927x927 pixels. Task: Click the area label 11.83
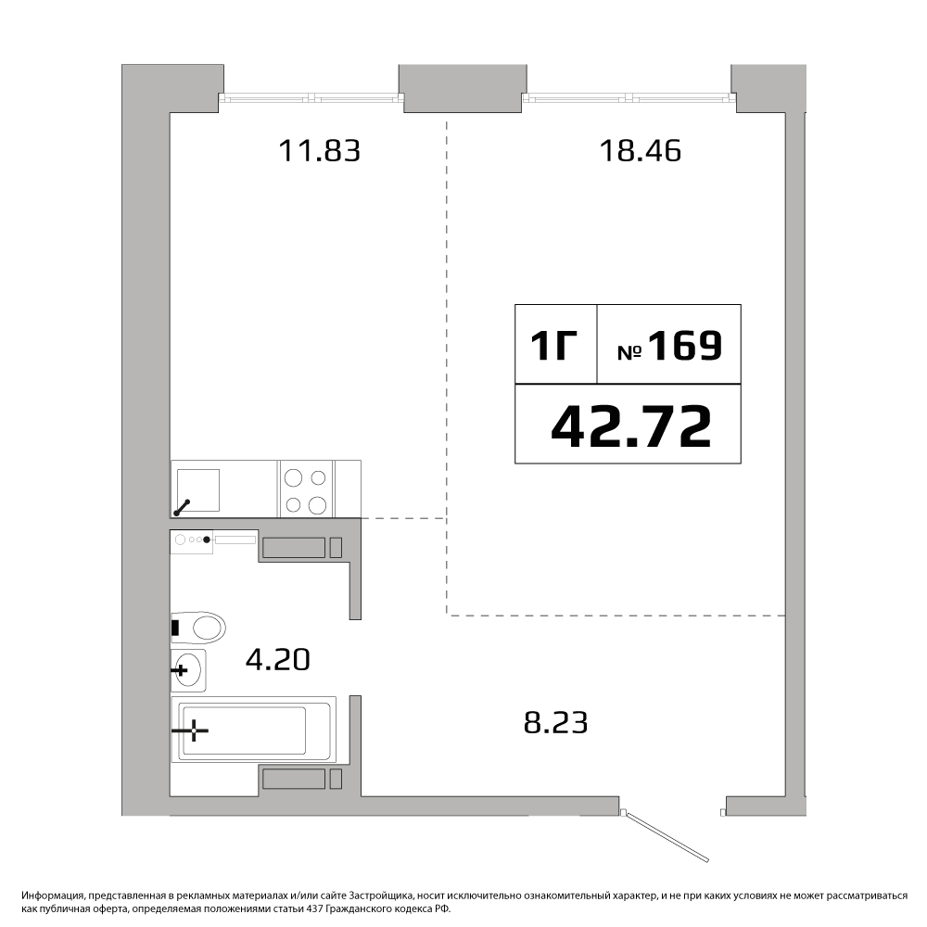point(319,151)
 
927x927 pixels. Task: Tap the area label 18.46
point(641,151)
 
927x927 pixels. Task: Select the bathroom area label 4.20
point(278,660)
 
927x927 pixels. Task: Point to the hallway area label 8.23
point(555,722)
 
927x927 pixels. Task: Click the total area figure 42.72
point(630,426)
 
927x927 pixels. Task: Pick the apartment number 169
point(686,345)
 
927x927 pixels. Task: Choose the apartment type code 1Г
point(553,345)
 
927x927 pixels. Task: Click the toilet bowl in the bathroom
point(198,628)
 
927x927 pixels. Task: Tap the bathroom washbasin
point(188,670)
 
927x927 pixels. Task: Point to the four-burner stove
point(306,489)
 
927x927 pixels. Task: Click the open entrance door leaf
point(667,837)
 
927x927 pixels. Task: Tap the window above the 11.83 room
point(311,97)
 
